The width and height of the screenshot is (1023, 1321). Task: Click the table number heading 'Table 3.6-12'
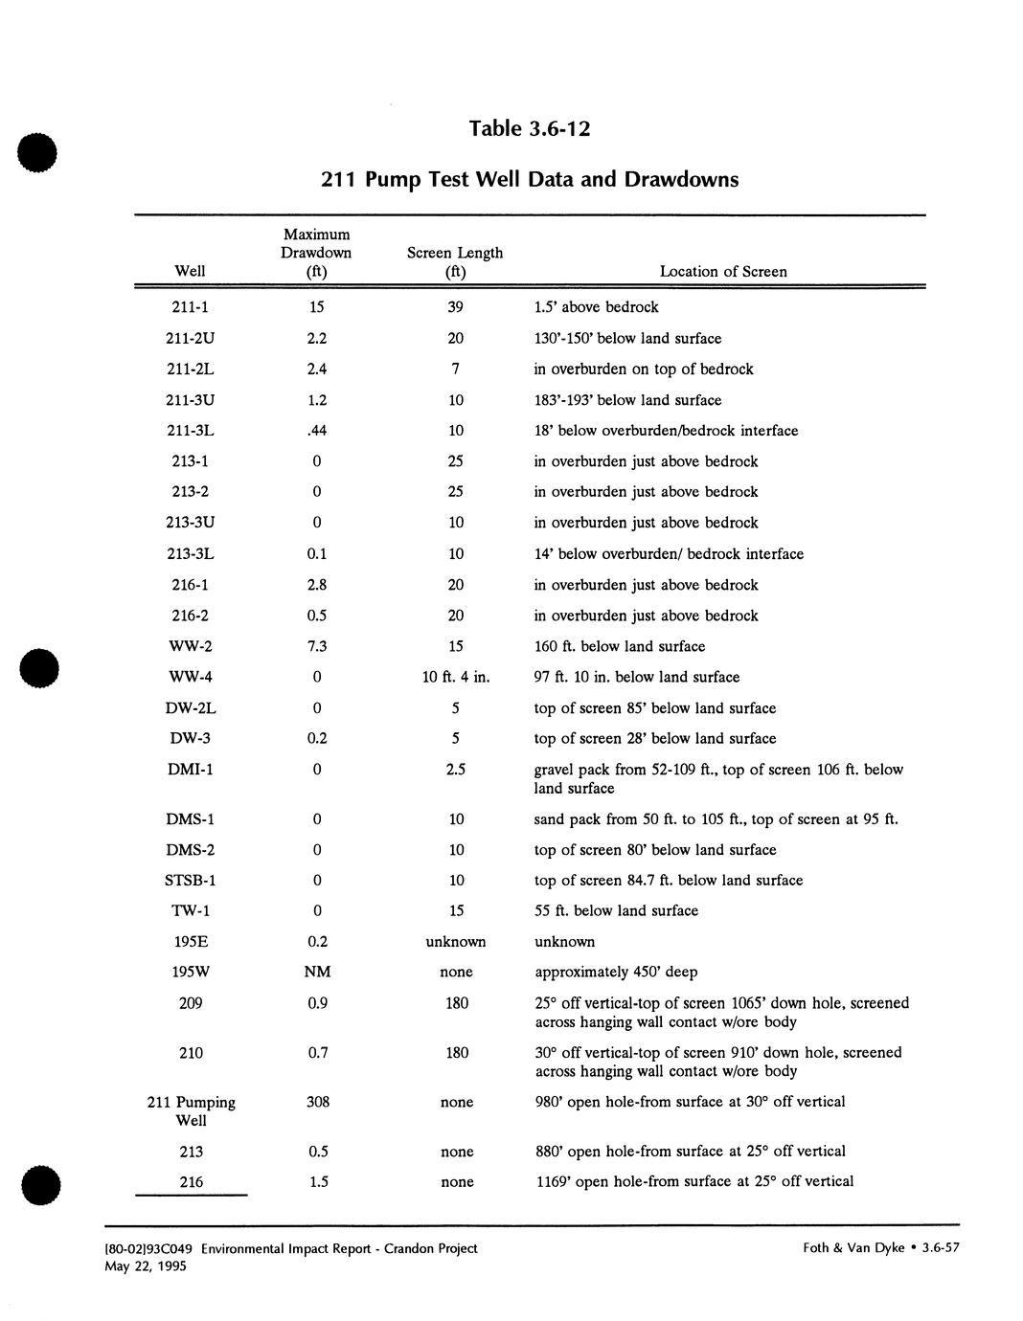click(529, 128)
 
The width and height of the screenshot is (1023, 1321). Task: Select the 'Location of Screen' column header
click(723, 272)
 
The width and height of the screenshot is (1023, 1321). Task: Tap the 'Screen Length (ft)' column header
click(455, 262)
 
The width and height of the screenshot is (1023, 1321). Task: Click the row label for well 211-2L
click(190, 369)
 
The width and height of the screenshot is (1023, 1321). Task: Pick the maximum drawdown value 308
click(317, 1102)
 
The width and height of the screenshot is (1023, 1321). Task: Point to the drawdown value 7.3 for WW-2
click(317, 646)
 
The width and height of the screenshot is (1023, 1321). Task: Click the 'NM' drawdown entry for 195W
click(317, 972)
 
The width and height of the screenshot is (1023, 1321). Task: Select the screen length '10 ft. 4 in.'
click(456, 677)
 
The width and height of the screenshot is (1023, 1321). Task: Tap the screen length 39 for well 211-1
click(455, 307)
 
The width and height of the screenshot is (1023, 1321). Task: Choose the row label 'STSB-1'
click(191, 880)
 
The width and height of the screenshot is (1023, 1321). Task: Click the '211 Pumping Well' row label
click(191, 1111)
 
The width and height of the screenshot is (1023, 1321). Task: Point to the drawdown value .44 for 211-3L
click(317, 431)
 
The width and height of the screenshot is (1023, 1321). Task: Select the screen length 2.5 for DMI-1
click(456, 770)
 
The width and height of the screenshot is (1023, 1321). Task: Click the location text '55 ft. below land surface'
click(616, 910)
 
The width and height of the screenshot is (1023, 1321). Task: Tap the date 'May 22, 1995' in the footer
click(146, 1266)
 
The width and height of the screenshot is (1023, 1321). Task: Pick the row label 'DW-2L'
click(191, 708)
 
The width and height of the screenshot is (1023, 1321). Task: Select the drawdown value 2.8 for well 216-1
click(317, 585)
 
